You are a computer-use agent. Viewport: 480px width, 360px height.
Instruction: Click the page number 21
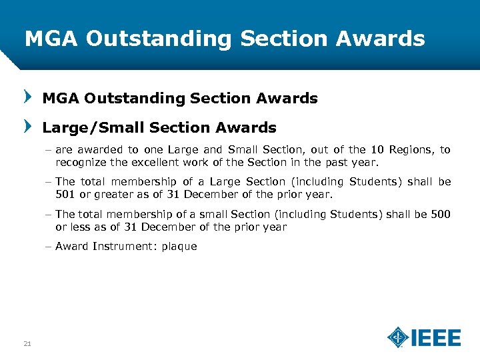[27, 343]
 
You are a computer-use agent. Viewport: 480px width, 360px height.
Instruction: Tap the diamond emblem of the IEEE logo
[398, 337]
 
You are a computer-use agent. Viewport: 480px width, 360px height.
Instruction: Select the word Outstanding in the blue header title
[159, 39]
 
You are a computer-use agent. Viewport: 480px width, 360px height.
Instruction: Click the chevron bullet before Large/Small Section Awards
[27, 126]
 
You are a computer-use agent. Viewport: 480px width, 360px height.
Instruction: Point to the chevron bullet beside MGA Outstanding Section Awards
[27, 97]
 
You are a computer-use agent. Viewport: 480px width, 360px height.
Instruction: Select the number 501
[65, 195]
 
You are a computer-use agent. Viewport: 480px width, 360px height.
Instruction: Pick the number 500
[439, 214]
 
